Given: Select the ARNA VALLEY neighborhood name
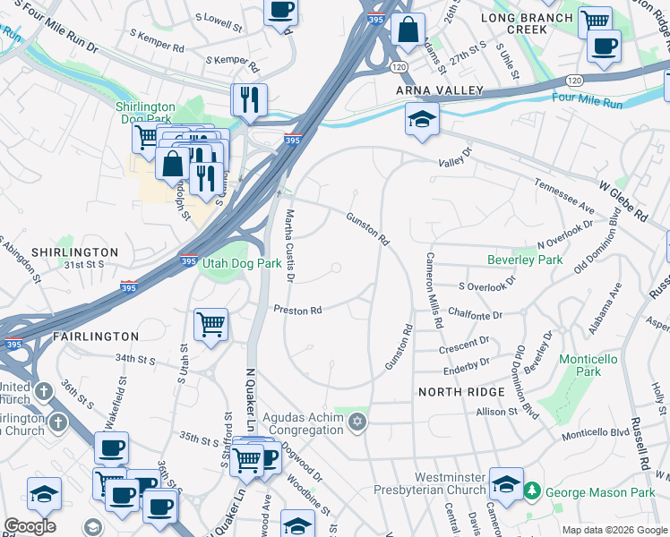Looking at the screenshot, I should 440,91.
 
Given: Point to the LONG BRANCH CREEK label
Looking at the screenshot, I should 526,23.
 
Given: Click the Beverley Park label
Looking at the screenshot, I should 524,260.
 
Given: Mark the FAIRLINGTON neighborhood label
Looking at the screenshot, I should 96,337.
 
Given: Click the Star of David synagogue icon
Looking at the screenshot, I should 356,422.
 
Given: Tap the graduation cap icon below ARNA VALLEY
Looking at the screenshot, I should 421,119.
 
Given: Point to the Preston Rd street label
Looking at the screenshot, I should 297,311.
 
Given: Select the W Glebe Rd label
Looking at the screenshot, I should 623,200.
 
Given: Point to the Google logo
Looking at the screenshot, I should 30,526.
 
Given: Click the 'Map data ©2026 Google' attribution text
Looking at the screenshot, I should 614,530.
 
